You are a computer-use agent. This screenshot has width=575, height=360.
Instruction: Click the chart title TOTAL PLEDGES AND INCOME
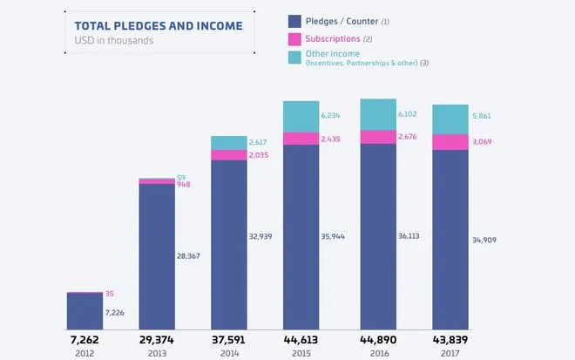coord(159,25)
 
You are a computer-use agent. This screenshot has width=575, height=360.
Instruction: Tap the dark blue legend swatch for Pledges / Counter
coord(294,20)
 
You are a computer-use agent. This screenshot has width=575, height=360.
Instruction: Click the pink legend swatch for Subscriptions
coord(294,39)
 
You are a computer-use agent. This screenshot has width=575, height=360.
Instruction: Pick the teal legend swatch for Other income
coord(294,58)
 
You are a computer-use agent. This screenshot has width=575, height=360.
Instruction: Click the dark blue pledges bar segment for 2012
coord(85,311)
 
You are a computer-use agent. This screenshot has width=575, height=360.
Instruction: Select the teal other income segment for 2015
coord(301,117)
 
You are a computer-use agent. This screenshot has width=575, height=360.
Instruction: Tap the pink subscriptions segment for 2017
coord(450,142)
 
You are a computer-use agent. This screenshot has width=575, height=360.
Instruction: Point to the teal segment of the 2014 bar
coord(228,143)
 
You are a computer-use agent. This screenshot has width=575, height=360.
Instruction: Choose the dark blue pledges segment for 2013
coord(157,257)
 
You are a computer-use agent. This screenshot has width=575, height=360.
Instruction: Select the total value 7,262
coord(85,339)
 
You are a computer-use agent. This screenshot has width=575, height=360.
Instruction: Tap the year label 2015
coord(301,353)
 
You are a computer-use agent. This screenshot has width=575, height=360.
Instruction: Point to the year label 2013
coord(157,353)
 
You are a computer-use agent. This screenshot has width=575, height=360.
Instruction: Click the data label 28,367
coord(193,256)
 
